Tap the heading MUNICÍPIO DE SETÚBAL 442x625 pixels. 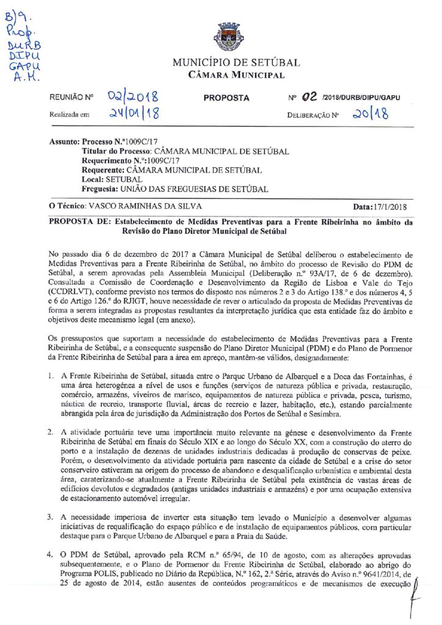tap(236, 63)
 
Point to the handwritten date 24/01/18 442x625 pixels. tap(132, 114)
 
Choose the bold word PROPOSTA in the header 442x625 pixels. tap(226, 98)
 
